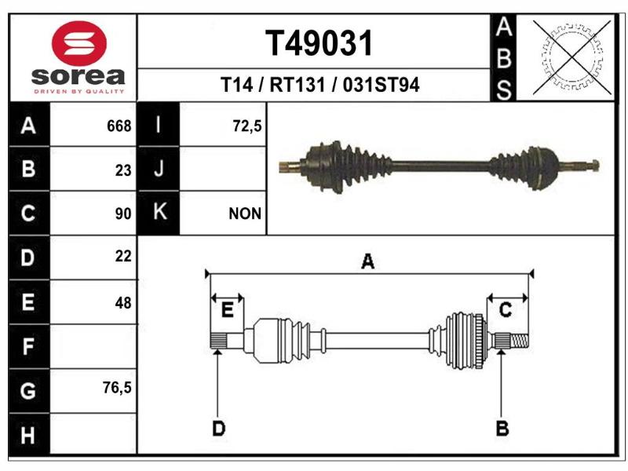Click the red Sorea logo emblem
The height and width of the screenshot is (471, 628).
(x=79, y=43)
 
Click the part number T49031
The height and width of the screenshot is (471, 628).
(x=319, y=43)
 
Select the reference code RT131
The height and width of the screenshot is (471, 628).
(x=298, y=85)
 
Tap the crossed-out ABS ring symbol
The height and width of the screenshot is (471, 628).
(x=572, y=57)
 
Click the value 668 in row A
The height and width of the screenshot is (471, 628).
(x=119, y=126)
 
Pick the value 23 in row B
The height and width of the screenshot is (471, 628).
(x=123, y=170)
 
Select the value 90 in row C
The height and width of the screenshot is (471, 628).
(x=123, y=214)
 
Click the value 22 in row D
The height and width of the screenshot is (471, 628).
(x=123, y=257)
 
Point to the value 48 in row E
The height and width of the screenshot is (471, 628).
(x=123, y=303)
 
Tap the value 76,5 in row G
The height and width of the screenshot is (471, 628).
(x=117, y=387)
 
